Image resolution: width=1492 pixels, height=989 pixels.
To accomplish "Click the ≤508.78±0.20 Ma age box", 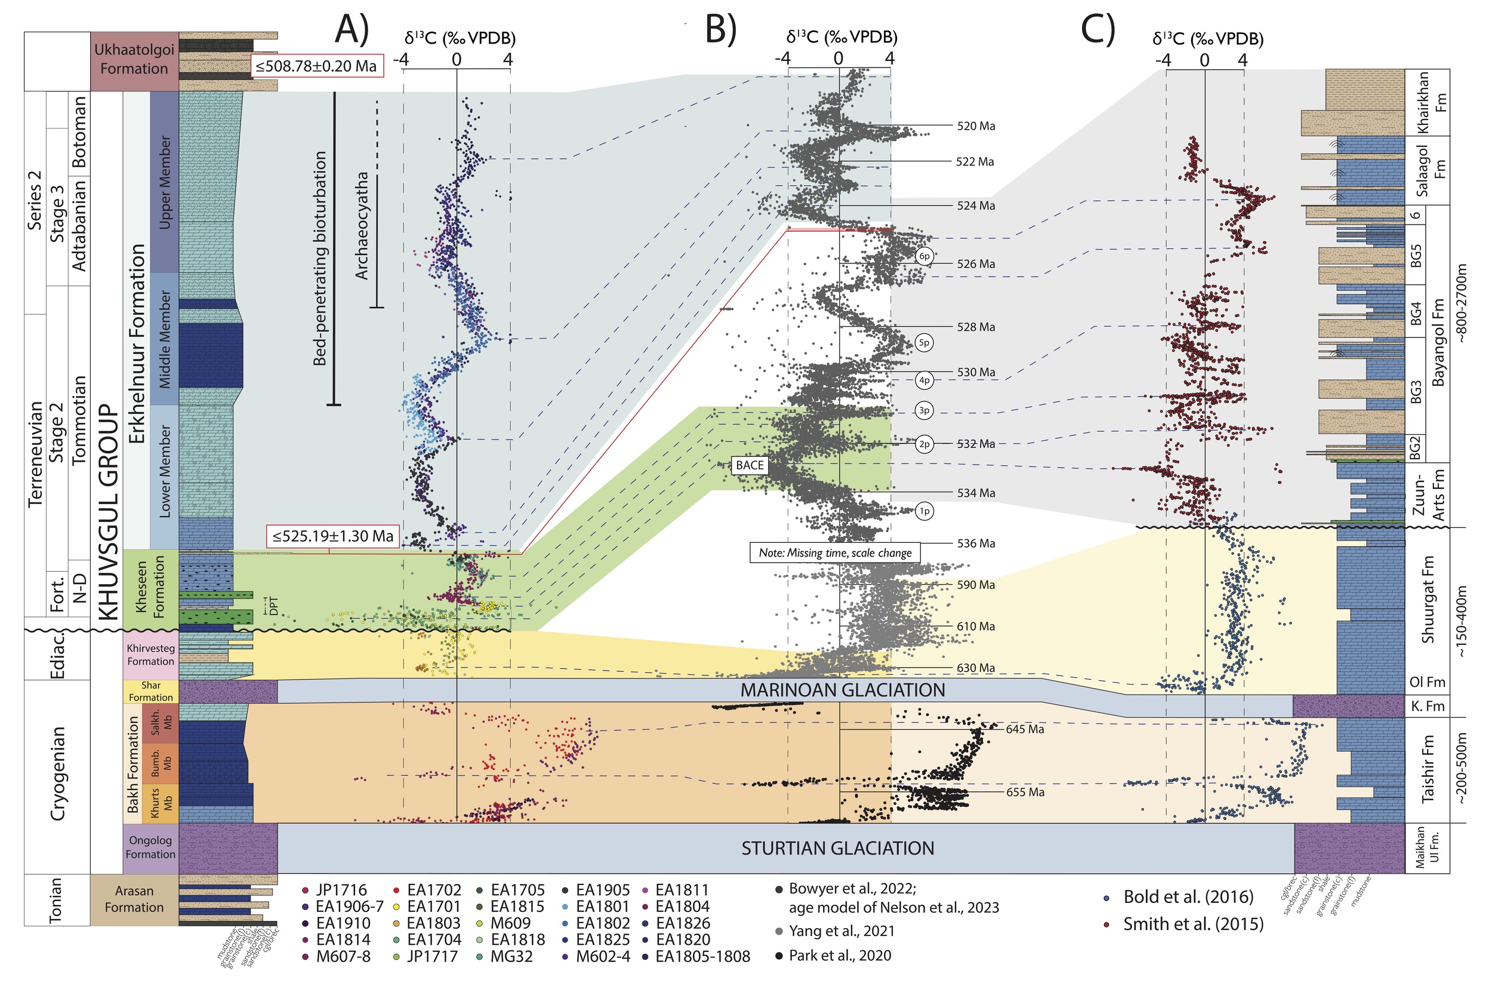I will point(317,66).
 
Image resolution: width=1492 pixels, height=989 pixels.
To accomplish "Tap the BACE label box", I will point(750,465).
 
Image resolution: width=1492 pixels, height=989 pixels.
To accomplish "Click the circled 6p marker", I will point(924,256).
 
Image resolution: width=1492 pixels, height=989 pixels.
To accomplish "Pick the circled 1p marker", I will point(924,511).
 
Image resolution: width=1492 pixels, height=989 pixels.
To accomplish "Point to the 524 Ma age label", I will point(976,205).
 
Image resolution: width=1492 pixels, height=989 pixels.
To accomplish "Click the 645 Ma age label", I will point(1025,729).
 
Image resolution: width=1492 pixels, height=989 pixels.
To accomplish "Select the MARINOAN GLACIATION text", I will point(842,690).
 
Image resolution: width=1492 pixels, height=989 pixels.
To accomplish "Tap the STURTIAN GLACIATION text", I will point(837,848).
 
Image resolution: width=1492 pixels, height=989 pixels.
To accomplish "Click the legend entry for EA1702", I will point(434,890).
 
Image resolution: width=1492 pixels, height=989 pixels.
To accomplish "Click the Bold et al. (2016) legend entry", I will point(1188,897).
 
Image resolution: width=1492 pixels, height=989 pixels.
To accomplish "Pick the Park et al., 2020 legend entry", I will point(840,956).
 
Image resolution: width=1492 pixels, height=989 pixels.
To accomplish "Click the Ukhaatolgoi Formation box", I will point(134,59).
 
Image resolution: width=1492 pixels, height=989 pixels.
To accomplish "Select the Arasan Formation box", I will point(134,899).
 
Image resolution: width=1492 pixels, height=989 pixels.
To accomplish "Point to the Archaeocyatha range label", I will point(361,225).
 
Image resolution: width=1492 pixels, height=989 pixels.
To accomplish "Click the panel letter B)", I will point(720,30).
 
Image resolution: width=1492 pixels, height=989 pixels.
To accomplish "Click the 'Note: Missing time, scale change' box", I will point(834,552).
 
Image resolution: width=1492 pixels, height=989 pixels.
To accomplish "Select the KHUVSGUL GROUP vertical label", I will point(109,511).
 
